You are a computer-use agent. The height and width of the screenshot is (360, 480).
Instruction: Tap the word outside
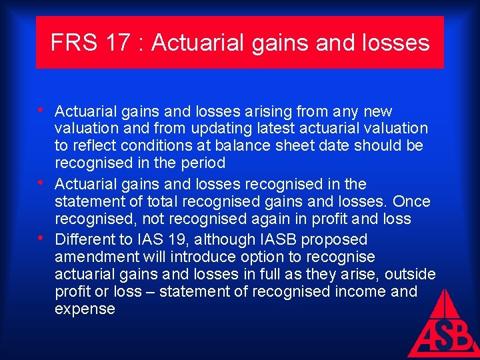(x=411, y=274)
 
